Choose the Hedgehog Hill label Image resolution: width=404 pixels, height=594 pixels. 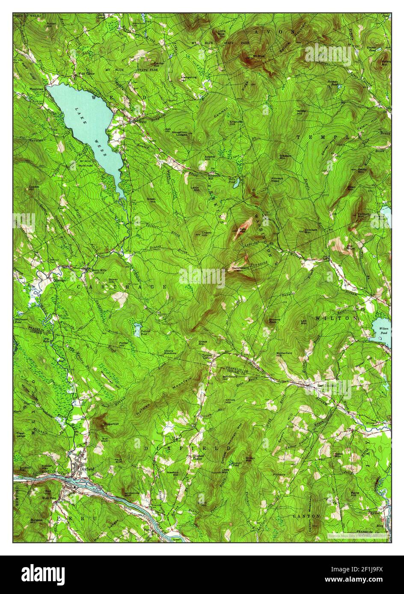tap(188, 78)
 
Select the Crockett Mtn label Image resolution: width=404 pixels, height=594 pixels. tap(311, 231)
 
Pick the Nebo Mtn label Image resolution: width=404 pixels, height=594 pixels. tap(338, 456)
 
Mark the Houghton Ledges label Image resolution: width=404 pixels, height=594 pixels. tap(179, 133)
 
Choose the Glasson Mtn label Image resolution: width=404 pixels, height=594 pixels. tap(285, 157)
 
